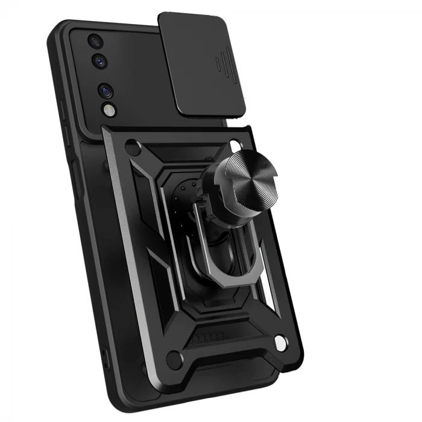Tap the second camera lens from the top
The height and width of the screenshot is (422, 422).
pyautogui.click(x=98, y=61)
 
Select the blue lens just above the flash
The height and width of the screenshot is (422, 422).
pyautogui.click(x=106, y=91)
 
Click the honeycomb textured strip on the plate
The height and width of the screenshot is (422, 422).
pyautogui.click(x=212, y=335)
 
